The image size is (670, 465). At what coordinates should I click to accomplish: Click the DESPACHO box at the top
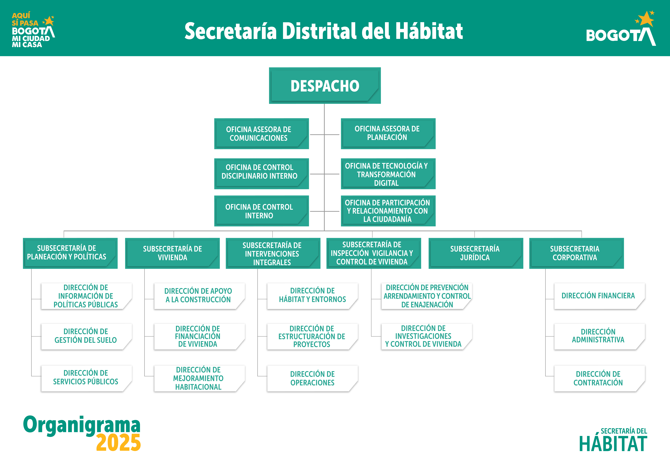pyautogui.click(x=325, y=86)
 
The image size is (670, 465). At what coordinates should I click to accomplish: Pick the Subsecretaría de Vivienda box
pyautogui.click(x=172, y=253)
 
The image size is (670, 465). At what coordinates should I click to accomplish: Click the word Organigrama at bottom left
pyautogui.click(x=82, y=425)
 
